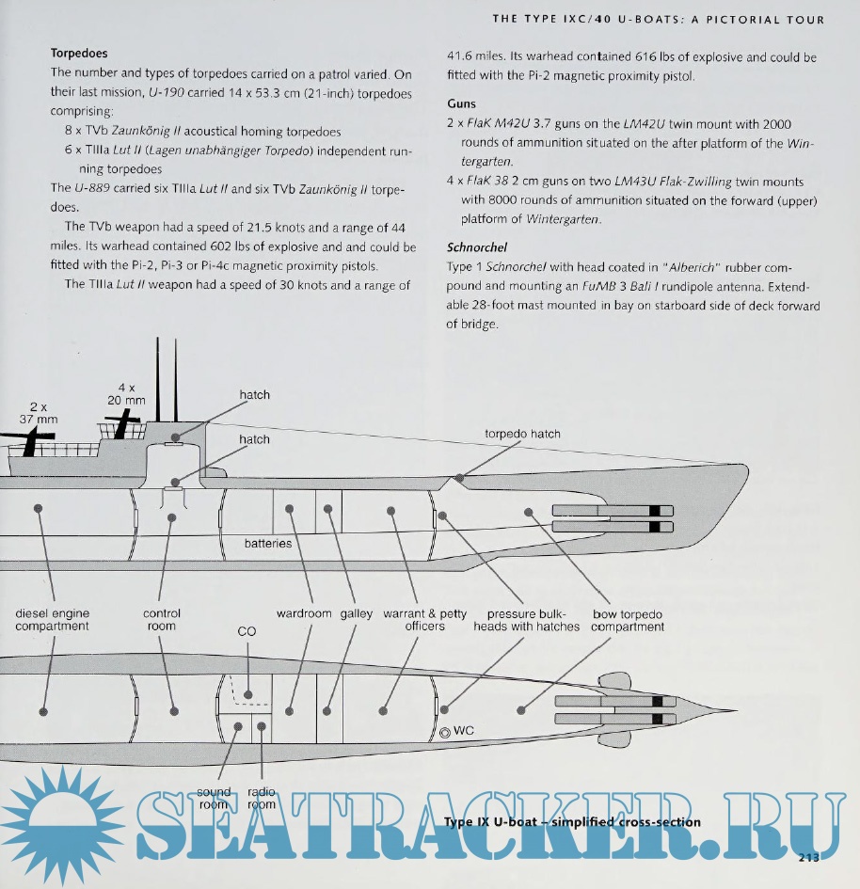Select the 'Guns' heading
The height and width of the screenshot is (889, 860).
[461, 104]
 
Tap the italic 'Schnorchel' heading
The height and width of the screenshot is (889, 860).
[477, 247]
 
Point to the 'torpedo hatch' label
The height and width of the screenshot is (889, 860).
[521, 434]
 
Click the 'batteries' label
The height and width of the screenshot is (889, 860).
[268, 544]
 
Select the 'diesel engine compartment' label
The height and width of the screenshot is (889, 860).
[53, 620]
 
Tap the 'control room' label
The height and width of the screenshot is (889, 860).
[162, 620]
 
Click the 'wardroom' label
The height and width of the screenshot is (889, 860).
[304, 613]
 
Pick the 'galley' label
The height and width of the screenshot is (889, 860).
[357, 613]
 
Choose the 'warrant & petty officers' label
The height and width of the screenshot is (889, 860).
[424, 620]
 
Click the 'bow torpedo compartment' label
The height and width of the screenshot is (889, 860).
[628, 620]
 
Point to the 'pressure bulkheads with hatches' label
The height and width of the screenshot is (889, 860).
[527, 620]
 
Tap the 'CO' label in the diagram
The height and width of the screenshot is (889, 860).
[247, 631]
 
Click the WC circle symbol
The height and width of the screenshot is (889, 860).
[445, 731]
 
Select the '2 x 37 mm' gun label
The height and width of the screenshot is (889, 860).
[39, 413]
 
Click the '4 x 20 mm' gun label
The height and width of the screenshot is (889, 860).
[127, 393]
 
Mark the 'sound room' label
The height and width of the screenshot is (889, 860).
[214, 798]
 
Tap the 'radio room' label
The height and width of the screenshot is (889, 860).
[262, 798]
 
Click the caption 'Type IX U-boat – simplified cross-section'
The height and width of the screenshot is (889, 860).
[572, 821]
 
